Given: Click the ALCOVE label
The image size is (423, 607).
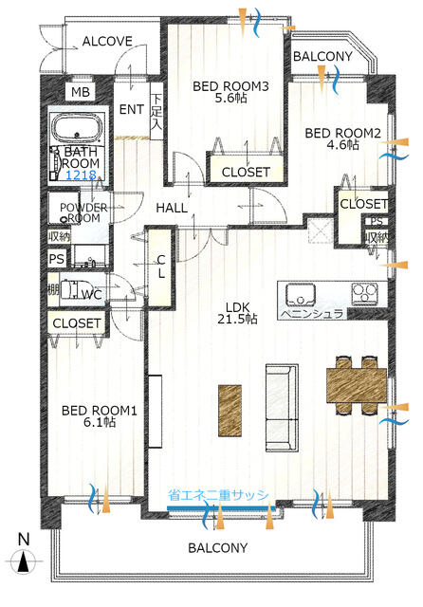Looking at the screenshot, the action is [107, 41].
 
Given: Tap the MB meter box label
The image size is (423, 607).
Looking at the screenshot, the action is [81, 92].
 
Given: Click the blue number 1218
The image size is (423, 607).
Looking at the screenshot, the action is [81, 175].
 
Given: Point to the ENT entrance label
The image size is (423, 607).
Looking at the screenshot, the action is [132, 110].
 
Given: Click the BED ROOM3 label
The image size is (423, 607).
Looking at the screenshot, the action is [230, 86].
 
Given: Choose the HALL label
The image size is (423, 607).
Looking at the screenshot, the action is [172, 208].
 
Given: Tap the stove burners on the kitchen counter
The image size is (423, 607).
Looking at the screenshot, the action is [364, 293].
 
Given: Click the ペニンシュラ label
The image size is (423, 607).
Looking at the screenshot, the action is [312, 314].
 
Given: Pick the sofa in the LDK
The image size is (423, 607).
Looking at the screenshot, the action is [282, 408].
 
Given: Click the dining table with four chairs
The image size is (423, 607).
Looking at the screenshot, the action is [357, 385].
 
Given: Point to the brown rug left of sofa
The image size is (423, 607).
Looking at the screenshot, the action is [230, 411].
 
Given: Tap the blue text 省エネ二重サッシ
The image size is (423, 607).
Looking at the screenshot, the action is [218, 495].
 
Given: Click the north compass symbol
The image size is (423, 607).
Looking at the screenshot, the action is [24, 561].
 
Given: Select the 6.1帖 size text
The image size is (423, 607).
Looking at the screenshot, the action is [100, 422].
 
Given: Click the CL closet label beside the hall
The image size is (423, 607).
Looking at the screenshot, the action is [161, 267].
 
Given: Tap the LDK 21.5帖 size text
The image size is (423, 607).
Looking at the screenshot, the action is [238, 313].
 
